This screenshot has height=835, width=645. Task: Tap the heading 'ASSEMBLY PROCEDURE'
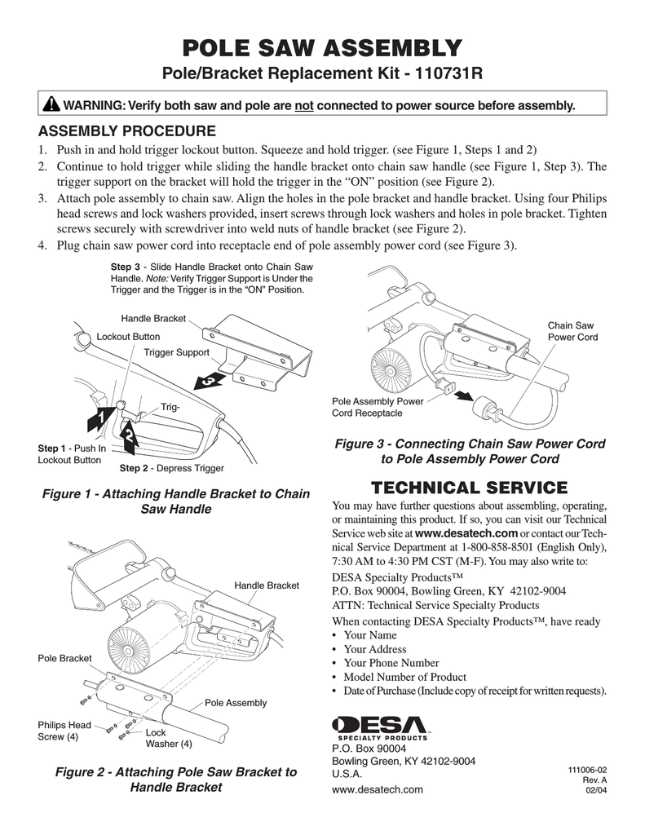(x=126, y=131)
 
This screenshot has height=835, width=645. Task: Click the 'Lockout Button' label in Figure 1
(x=128, y=337)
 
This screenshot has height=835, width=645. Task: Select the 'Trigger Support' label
(x=177, y=352)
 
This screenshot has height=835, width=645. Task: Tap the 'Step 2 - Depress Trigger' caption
(x=171, y=468)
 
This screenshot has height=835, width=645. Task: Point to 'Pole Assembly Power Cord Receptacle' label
(x=377, y=407)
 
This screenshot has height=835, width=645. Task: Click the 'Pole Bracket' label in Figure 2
(x=65, y=658)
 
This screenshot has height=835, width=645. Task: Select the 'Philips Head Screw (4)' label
(x=64, y=731)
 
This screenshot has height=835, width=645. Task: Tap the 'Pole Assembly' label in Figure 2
(x=236, y=703)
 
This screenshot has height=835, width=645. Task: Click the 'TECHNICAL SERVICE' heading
(x=469, y=488)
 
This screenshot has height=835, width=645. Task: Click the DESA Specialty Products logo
(x=382, y=726)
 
